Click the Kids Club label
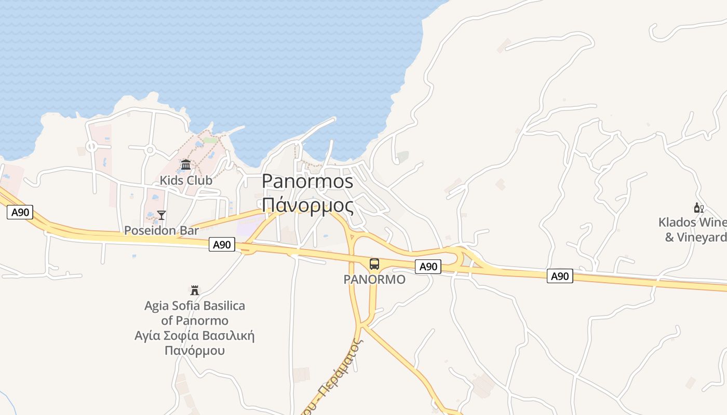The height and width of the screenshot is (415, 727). [x=186, y=181]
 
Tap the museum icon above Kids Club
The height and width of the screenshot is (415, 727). [x=186, y=165]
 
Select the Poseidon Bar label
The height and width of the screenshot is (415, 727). [x=161, y=230]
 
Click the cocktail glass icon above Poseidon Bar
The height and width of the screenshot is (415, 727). [x=161, y=215]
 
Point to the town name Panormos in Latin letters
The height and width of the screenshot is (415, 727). [x=307, y=181]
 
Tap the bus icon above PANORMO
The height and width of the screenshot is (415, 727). [x=374, y=264]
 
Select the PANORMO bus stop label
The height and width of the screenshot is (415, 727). [x=374, y=280]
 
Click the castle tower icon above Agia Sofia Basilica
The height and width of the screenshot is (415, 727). [x=195, y=290]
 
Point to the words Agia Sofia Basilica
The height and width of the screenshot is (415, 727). [x=195, y=306]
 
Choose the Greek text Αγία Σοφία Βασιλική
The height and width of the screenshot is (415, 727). [x=195, y=335]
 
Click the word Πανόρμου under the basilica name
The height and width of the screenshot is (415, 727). [x=195, y=350]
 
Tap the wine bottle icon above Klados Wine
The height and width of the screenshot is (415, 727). [x=698, y=208]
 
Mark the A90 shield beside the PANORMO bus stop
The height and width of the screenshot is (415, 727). [x=428, y=267]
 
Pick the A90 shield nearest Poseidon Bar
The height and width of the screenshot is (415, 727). [x=222, y=244]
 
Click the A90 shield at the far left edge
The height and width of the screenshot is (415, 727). [x=20, y=212]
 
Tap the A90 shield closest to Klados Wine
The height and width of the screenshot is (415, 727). [x=560, y=276]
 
